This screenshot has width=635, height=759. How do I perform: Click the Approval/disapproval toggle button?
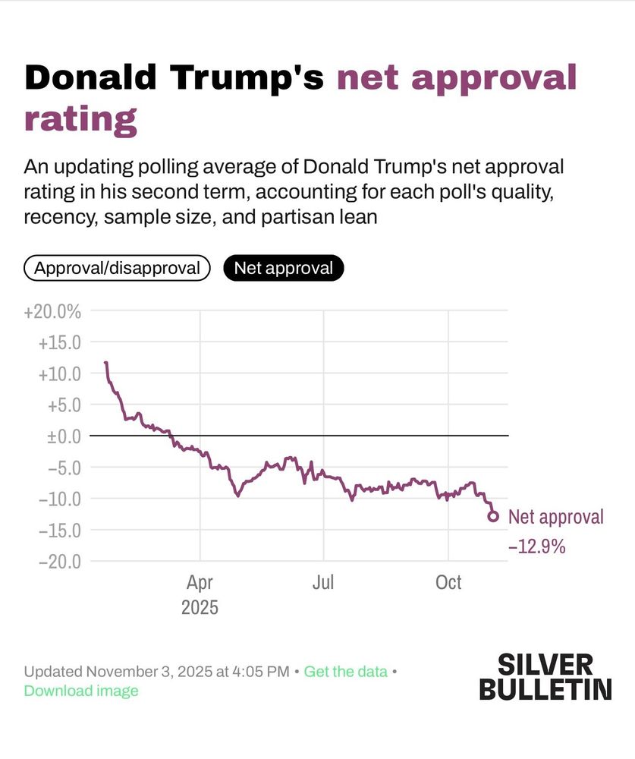click(117, 268)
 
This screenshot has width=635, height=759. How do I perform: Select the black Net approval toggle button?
click(283, 268)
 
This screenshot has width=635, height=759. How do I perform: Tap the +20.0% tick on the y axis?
click(53, 311)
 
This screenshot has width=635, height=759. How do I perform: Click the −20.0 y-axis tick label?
click(59, 561)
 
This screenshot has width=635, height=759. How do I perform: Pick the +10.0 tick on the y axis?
click(59, 373)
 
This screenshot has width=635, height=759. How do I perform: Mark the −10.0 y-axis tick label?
click(59, 499)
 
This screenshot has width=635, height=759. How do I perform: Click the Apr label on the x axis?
click(200, 583)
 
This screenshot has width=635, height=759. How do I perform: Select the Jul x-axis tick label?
click(323, 583)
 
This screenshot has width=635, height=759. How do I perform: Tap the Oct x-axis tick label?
click(448, 583)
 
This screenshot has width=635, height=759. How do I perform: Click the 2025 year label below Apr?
click(200, 608)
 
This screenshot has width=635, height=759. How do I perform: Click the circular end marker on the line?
click(493, 516)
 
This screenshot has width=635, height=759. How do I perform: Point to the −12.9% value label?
click(536, 546)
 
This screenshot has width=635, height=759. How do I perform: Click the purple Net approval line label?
click(556, 517)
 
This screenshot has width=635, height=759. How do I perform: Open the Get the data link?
click(345, 672)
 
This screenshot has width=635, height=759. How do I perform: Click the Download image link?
click(81, 691)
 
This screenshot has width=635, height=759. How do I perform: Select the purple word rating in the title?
click(80, 119)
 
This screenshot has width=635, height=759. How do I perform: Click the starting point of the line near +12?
click(105, 363)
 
